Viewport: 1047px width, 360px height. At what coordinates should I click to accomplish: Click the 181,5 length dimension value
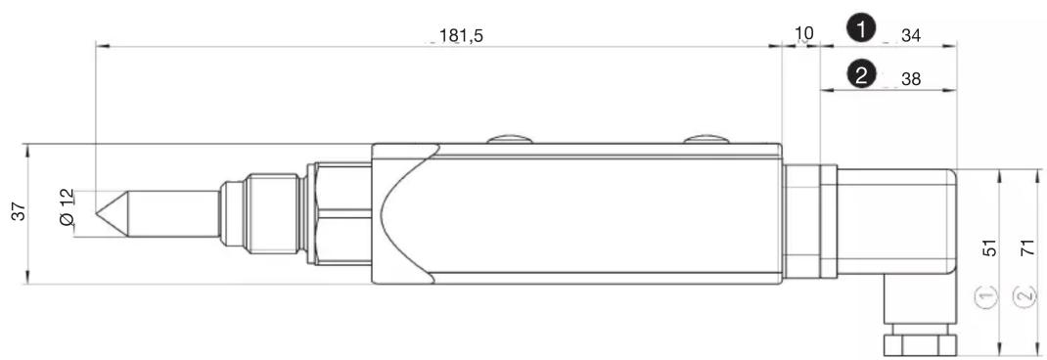click(461, 36)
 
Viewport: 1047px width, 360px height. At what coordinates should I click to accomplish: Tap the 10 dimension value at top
click(804, 32)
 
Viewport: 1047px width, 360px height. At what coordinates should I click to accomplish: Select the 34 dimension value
click(911, 36)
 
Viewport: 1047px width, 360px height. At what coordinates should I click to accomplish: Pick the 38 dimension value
click(911, 79)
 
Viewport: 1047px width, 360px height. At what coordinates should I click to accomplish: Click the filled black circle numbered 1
click(861, 29)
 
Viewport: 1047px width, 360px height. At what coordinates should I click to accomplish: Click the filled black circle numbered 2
click(861, 74)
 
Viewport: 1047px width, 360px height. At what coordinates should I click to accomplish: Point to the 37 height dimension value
click(21, 211)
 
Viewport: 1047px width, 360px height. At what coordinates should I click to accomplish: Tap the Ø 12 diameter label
click(67, 207)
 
